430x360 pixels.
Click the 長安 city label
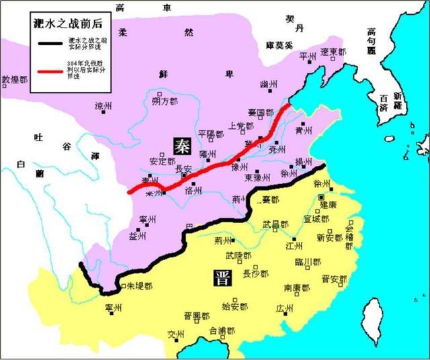(x=183, y=169)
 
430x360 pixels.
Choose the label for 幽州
(x=268, y=85)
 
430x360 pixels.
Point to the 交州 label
(x=176, y=334)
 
